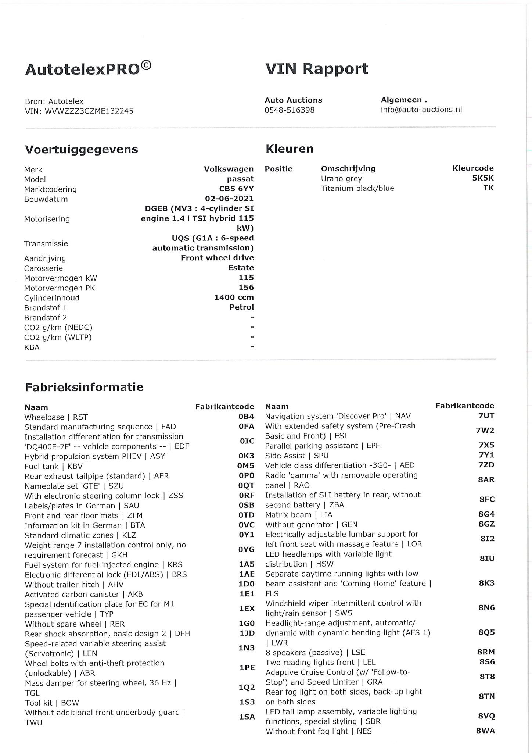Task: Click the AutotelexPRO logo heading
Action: point(88,69)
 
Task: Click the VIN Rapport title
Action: point(316,69)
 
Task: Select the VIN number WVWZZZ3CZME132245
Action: point(89,111)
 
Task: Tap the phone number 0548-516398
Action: point(290,110)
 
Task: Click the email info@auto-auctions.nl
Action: point(421,110)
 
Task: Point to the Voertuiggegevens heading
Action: point(81,149)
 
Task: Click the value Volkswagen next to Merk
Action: point(229,169)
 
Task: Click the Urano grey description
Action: point(341,179)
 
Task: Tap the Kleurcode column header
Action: point(473,168)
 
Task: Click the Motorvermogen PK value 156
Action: point(246,288)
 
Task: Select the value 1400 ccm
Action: point(234,297)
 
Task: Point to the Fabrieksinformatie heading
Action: point(84,387)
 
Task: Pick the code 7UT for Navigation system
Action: point(486,416)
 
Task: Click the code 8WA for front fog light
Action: point(485,731)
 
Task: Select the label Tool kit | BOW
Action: point(52,703)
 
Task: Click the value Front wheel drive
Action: point(217,258)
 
